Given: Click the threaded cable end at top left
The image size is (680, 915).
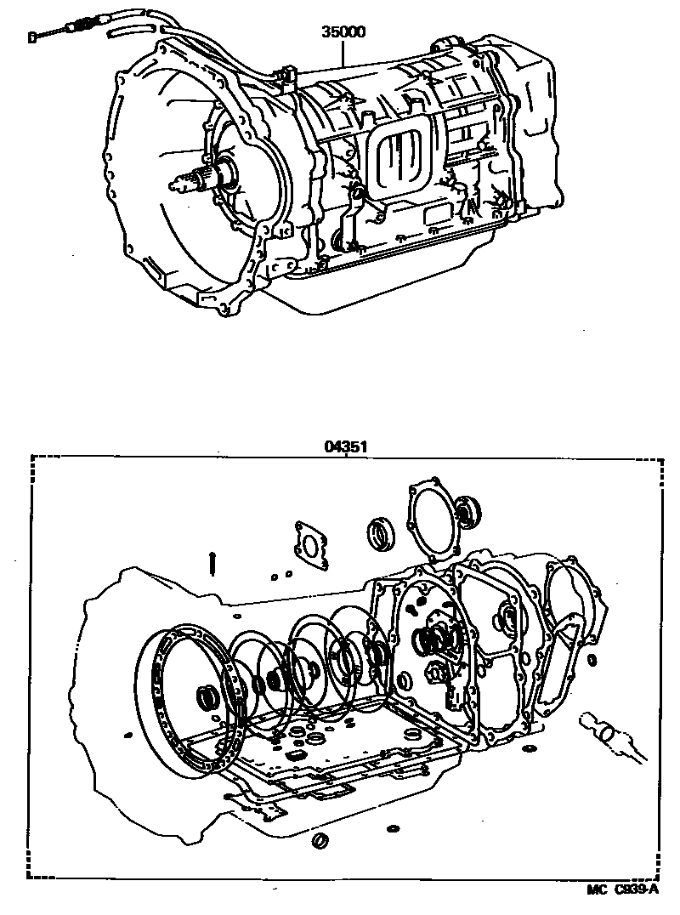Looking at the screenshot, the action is [42, 35].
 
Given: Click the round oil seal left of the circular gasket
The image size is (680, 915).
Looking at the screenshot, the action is [380, 534].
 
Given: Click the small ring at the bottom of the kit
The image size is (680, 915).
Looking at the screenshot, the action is [321, 841].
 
